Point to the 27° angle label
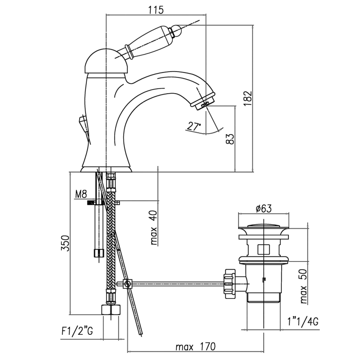tap(194, 127)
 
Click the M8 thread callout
tap(81, 194)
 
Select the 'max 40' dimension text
tap(154, 229)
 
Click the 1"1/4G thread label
tap(303, 322)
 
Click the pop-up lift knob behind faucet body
tap(83, 122)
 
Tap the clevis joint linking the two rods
tap(127, 284)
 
